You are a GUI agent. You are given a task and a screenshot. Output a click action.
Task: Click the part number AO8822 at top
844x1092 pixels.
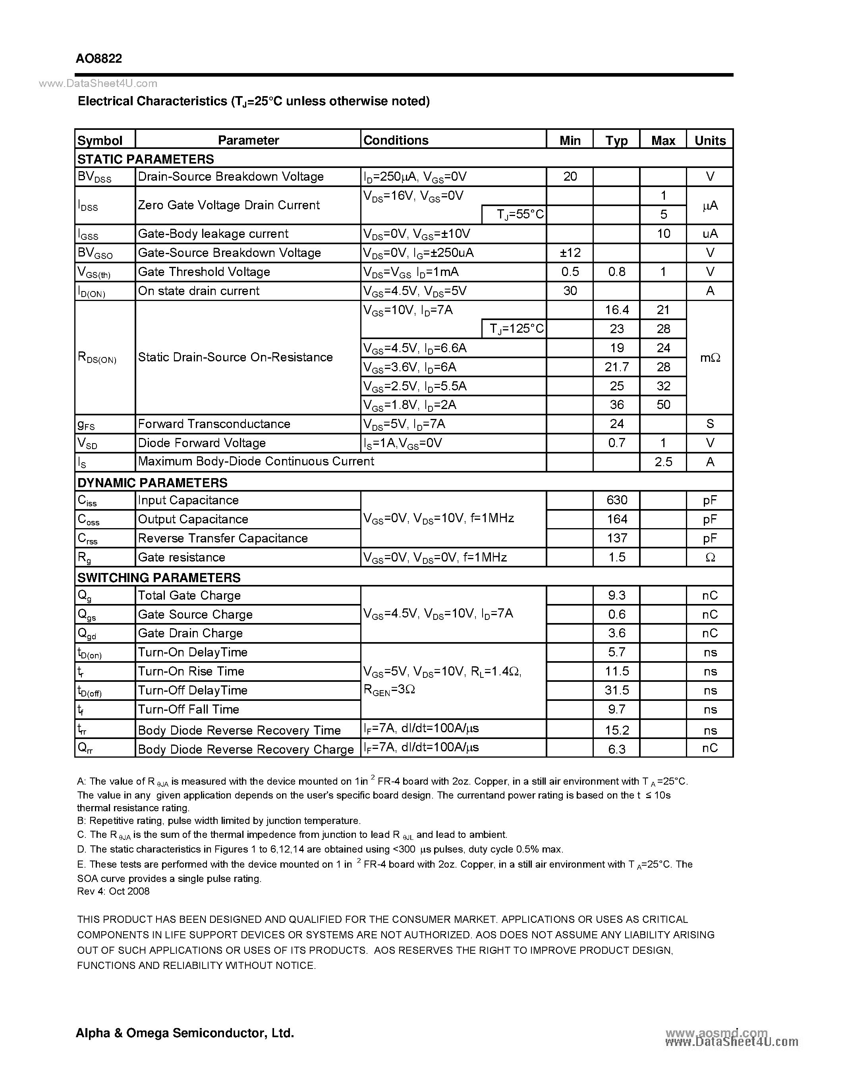98,58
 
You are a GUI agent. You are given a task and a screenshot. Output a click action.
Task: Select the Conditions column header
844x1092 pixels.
396,141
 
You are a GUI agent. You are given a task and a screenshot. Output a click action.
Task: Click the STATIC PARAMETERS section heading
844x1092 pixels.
145,159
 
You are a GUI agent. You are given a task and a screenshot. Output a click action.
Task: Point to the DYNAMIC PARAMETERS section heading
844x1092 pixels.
152,482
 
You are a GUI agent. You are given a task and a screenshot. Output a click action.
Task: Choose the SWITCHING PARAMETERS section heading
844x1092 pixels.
158,577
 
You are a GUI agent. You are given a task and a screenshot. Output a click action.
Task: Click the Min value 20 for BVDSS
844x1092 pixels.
570,176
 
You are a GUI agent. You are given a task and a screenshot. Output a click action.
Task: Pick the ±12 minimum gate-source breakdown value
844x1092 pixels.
570,253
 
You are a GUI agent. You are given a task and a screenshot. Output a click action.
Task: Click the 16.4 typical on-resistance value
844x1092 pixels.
616,310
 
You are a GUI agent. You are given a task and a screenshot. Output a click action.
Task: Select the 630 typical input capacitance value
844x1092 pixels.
616,500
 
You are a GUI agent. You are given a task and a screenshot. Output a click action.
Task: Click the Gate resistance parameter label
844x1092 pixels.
181,557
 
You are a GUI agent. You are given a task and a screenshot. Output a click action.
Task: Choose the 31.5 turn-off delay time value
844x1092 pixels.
616,690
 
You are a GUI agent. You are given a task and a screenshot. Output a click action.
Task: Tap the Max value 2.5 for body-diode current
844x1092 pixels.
663,462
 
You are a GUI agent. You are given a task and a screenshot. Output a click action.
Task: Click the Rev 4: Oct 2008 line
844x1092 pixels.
113,891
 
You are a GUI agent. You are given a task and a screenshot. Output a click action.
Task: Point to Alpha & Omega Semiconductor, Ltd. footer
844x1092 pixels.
185,1032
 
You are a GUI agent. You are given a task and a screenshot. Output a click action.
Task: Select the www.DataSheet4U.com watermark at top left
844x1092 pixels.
98,83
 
